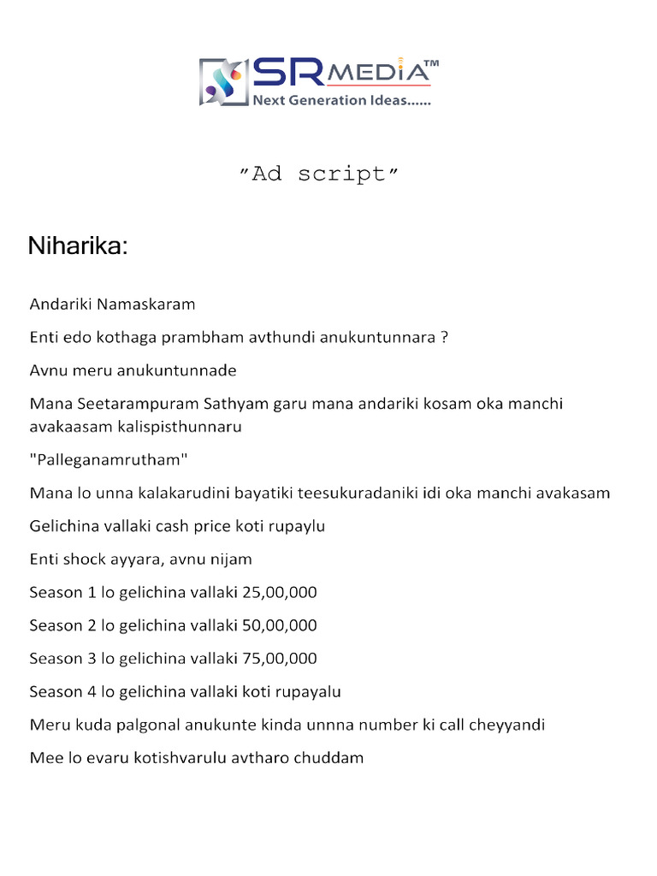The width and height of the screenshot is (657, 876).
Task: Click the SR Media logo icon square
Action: [x=223, y=81]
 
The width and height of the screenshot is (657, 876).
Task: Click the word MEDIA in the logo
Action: [x=376, y=73]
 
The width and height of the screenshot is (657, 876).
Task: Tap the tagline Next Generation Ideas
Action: [x=341, y=101]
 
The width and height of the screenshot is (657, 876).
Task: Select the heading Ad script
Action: [x=318, y=174]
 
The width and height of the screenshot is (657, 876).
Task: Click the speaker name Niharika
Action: [x=78, y=246]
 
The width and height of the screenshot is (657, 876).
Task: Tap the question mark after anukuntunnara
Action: [x=444, y=337]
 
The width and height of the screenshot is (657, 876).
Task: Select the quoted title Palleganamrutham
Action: [x=109, y=459]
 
